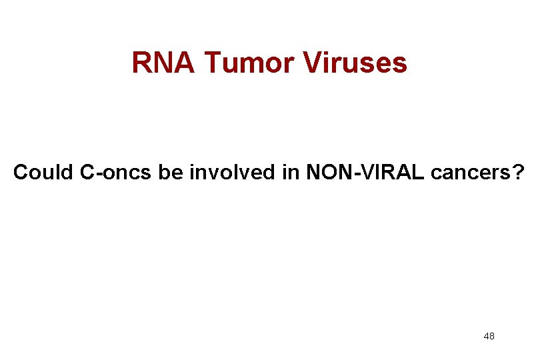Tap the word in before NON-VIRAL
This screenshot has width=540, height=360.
point(287,173)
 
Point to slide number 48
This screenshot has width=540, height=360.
point(489,337)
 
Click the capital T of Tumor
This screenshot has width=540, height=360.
point(211,63)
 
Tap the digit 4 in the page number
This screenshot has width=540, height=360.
point(486,337)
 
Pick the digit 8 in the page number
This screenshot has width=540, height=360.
point(492,337)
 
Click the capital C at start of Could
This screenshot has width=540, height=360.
point(20,173)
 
